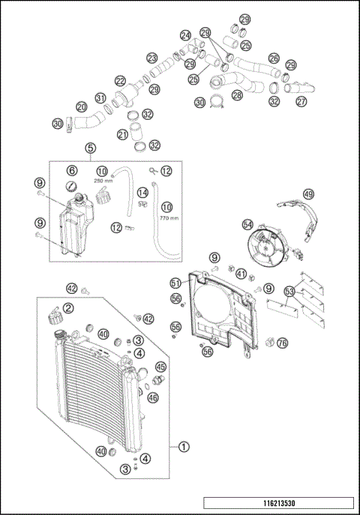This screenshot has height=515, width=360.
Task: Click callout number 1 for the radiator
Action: click(x=184, y=445)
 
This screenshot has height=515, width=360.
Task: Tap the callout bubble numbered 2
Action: click(x=68, y=307)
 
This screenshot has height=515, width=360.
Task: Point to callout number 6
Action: click(x=72, y=169)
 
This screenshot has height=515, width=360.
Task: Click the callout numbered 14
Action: click(x=142, y=193)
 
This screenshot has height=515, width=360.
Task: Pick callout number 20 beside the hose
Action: click(x=82, y=107)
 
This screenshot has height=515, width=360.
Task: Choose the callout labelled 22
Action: click(x=120, y=81)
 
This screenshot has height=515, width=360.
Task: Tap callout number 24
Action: click(x=185, y=35)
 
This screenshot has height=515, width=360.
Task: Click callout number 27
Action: click(x=301, y=101)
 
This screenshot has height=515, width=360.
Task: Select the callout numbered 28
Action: click(x=237, y=95)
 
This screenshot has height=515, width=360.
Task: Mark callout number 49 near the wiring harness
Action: click(x=308, y=193)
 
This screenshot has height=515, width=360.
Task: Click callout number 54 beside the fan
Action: click(x=248, y=225)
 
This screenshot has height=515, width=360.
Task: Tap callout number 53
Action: click(x=289, y=290)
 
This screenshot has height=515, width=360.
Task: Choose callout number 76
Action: click(x=282, y=343)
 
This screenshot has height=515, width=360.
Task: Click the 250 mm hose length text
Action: click(x=103, y=180)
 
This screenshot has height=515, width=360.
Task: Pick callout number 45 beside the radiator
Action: click(x=160, y=367)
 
